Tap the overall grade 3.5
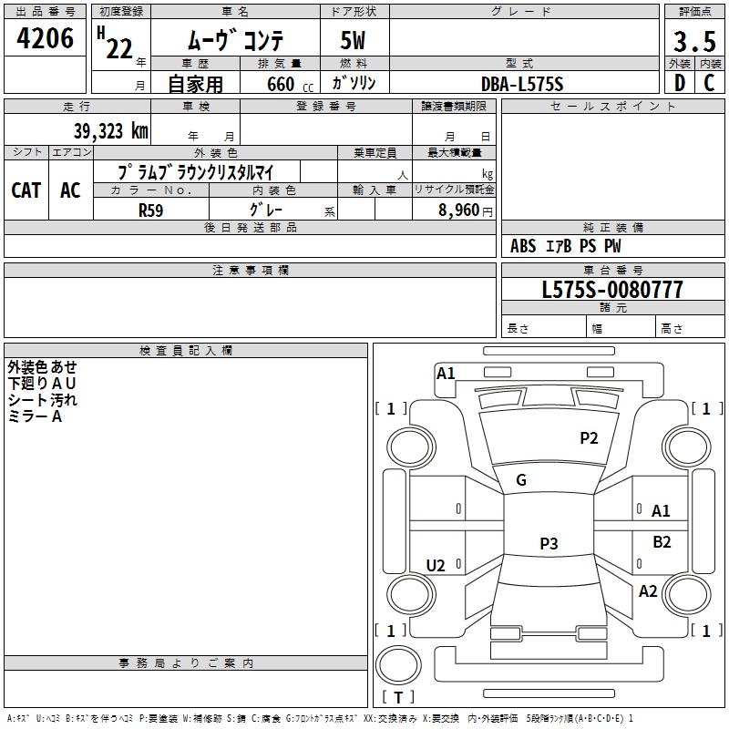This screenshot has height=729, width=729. (693, 41)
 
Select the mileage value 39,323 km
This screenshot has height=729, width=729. (111, 131)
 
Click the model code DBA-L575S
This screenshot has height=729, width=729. (522, 84)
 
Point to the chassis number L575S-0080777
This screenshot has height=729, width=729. (612, 290)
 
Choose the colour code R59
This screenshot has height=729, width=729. (151, 210)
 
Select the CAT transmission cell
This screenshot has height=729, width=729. (26, 190)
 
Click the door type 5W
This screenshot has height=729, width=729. (354, 41)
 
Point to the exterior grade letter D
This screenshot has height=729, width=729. (679, 83)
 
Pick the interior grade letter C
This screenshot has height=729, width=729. (709, 83)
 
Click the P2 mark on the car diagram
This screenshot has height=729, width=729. (589, 438)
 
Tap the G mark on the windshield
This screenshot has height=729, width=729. (521, 480)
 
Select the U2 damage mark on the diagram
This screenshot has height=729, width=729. (436, 566)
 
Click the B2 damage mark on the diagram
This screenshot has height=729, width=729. (662, 542)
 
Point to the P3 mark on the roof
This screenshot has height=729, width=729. (548, 544)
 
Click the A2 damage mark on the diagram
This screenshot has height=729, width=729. (648, 591)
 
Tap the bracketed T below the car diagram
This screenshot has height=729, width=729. (398, 697)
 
